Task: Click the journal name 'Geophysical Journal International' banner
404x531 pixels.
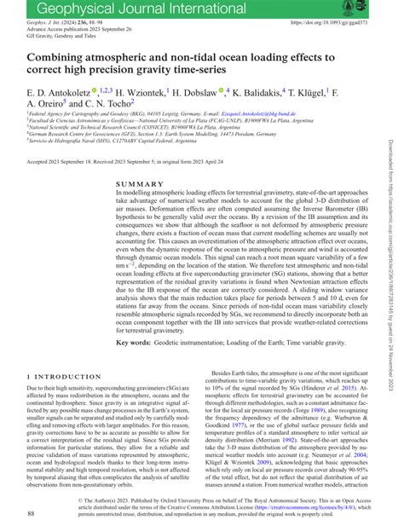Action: point(128,9)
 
